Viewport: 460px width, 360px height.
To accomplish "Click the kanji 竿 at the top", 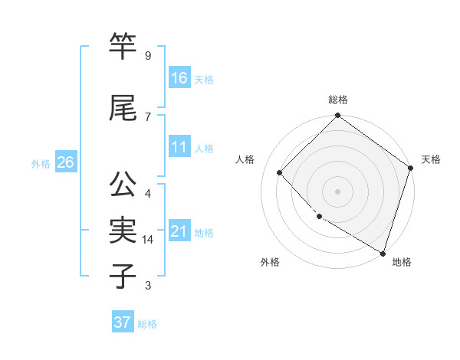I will point(123,47).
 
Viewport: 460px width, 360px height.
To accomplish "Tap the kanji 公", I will point(123,185).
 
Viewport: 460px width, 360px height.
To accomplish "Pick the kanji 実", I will point(123,231).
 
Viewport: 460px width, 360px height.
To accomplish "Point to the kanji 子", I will point(123,277).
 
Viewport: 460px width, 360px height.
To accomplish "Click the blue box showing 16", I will point(179,78).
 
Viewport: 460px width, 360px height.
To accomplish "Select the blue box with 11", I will point(179,147).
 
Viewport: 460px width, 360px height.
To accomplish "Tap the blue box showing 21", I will point(179,231).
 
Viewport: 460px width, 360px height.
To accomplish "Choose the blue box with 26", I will point(65,162).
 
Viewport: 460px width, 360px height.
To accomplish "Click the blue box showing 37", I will point(122,322).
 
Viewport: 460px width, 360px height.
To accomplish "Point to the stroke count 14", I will point(149,240).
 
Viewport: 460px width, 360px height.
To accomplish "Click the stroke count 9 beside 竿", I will point(147,56).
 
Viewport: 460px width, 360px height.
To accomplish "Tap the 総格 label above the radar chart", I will point(337,100).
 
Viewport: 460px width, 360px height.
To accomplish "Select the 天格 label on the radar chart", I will point(431,159).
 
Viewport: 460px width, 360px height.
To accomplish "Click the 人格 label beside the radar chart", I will point(245,159).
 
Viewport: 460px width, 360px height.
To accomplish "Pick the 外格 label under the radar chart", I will point(270,262).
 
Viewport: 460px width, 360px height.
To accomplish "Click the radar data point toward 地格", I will point(383,252).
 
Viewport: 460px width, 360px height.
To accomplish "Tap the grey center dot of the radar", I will point(337,191).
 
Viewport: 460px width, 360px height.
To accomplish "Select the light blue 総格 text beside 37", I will point(147,324).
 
